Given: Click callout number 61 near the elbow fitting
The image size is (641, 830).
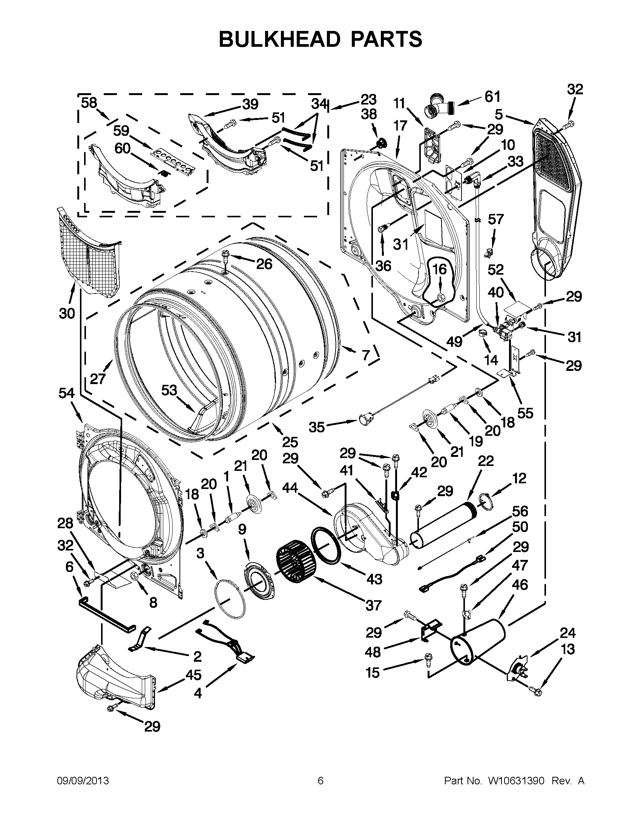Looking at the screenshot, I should pyautogui.click(x=492, y=97).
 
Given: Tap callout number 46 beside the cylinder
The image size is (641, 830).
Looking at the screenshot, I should pyautogui.click(x=520, y=584).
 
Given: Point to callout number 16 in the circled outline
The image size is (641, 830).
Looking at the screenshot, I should pyautogui.click(x=440, y=270).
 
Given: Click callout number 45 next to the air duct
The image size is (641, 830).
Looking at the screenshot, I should pyautogui.click(x=193, y=675).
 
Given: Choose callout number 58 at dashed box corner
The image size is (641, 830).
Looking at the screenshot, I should pyautogui.click(x=89, y=103).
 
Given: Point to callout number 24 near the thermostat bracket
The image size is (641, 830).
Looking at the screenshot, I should pyautogui.click(x=567, y=633).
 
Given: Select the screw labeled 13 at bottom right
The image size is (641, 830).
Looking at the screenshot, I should pyautogui.click(x=537, y=692).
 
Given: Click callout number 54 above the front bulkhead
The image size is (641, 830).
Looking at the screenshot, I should pyautogui.click(x=67, y=393).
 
